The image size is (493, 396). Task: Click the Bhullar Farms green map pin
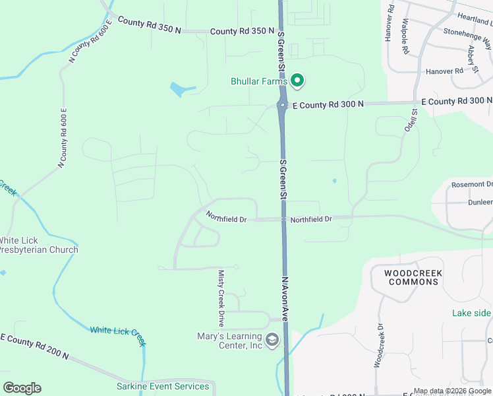pyautogui.click(x=297, y=81)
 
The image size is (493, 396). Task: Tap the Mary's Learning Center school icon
pyautogui.click(x=272, y=340)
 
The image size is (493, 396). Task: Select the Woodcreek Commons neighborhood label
pyautogui.click(x=413, y=277)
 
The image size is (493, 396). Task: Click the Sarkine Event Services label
pyautogui.click(x=163, y=386)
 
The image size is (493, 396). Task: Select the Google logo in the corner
pyautogui.click(x=22, y=388)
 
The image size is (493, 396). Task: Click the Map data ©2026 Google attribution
pyautogui.click(x=452, y=391)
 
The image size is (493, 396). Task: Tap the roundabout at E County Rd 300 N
pyautogui.click(x=282, y=105)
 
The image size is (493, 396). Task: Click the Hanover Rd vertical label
pyautogui.click(x=390, y=24)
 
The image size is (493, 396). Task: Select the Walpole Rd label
pyautogui.click(x=405, y=36)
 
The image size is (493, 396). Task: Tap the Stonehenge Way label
pyautogui.click(x=467, y=38)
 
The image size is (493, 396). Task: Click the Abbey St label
pyautogui.click(x=472, y=57)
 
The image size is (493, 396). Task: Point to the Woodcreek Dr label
pyautogui.click(x=378, y=345)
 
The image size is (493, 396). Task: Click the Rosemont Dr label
pyautogui.click(x=471, y=184)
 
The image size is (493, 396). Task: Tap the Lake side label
pyautogui.click(x=471, y=313)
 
